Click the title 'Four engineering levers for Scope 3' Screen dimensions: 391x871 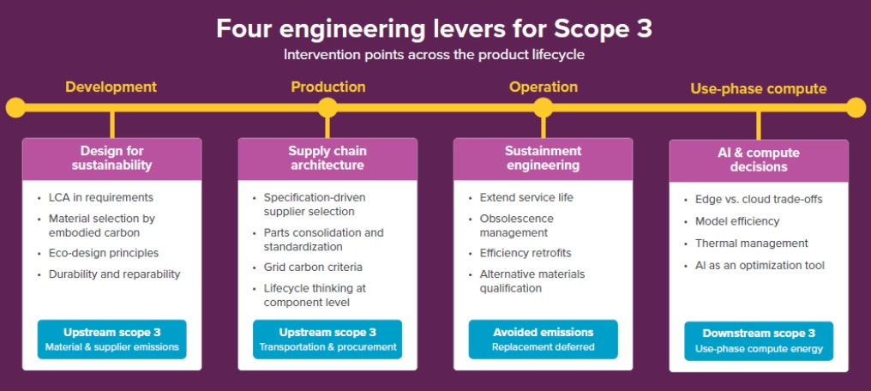434,28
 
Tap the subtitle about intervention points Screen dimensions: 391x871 434,55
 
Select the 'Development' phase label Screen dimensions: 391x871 111,87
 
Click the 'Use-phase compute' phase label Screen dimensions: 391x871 758,88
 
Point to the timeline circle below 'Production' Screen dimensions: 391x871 327,107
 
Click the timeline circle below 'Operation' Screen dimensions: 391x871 543,107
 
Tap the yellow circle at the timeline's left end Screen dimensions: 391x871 15,107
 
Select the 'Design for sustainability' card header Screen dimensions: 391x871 111,158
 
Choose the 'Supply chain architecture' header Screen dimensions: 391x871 327,158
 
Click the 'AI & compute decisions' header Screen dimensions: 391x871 758,159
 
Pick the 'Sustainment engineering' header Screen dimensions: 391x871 543,158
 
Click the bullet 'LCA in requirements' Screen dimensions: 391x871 101,197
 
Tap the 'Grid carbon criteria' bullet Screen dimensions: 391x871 313,267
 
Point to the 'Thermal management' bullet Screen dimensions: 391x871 751,244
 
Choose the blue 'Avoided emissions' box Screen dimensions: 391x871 543,339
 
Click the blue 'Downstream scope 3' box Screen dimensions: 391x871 758,340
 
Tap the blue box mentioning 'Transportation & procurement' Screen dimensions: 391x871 327,339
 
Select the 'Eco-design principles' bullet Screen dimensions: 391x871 103,253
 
